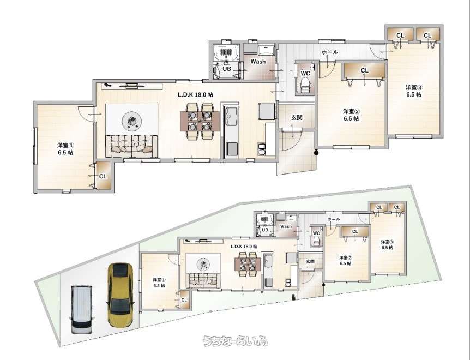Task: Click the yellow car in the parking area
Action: pyautogui.click(x=120, y=295)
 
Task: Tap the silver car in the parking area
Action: pyautogui.click(x=81, y=309)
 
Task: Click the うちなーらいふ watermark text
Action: pyautogui.click(x=236, y=341)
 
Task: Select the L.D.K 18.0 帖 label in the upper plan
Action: pyautogui.click(x=195, y=94)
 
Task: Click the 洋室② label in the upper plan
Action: pyautogui.click(x=351, y=111)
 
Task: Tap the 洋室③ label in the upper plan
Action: pyautogui.click(x=414, y=87)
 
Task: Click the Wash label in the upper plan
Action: pyautogui.click(x=258, y=62)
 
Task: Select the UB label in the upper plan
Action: pyautogui.click(x=227, y=68)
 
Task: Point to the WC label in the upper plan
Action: pyautogui.click(x=305, y=73)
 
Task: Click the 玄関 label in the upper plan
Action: pyautogui.click(x=297, y=117)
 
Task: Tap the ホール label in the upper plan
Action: pyautogui.click(x=330, y=52)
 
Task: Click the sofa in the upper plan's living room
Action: pyautogui.click(x=131, y=146)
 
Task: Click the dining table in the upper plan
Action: pyautogui.click(x=200, y=121)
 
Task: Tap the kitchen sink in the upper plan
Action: pyautogui.click(x=231, y=117)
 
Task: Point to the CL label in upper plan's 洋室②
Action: pyautogui.click(x=364, y=71)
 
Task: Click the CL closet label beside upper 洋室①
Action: pyautogui.click(x=103, y=176)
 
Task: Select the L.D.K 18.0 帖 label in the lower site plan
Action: pyautogui.click(x=244, y=246)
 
